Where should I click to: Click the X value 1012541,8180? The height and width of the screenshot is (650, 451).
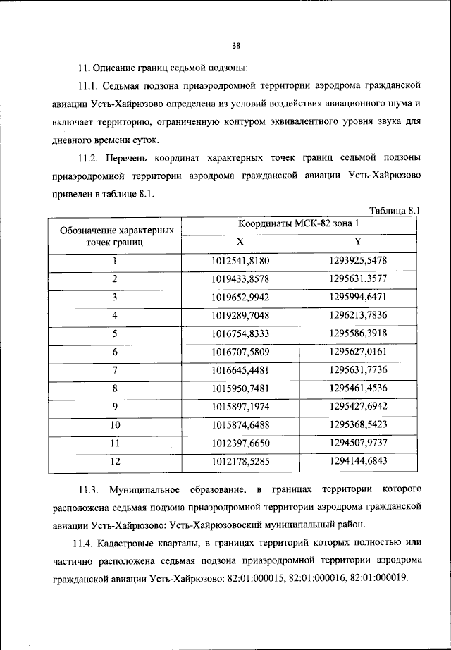(240, 261)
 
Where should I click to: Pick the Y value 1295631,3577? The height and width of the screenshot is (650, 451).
(358, 279)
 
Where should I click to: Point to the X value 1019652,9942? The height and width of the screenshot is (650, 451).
(240, 298)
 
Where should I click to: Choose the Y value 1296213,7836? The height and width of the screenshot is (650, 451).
(358, 315)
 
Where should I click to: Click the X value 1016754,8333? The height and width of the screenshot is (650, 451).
(240, 333)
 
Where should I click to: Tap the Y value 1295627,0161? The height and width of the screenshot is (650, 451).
(358, 352)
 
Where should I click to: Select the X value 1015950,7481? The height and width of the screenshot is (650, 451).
(240, 388)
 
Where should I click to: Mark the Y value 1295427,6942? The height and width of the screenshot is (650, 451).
(358, 407)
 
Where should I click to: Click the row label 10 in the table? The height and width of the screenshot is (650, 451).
(115, 425)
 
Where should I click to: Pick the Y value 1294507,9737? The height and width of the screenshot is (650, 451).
(358, 443)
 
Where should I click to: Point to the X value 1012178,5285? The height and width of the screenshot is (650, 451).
(240, 462)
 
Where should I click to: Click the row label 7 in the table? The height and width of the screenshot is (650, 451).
(115, 370)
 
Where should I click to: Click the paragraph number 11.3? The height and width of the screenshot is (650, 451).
(89, 489)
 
